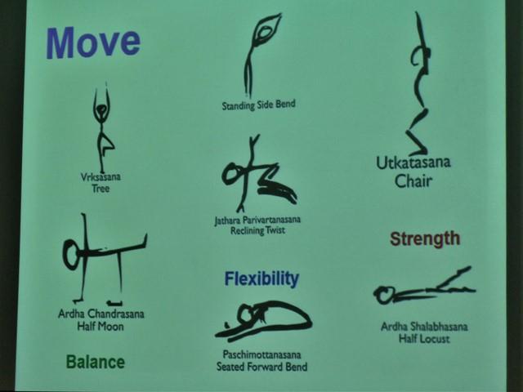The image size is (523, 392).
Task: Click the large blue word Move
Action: [x=93, y=42]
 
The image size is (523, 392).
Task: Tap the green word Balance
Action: [x=96, y=362]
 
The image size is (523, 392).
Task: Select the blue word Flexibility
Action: [x=261, y=279]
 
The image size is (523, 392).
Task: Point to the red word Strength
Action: [x=425, y=238]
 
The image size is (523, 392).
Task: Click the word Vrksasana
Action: [x=101, y=176]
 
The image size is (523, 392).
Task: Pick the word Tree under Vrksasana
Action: [x=101, y=189]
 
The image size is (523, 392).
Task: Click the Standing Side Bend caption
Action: [x=258, y=105]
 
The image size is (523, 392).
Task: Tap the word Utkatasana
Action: [x=413, y=163]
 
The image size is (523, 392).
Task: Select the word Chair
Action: [x=413, y=181]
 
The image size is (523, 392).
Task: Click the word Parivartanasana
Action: [x=271, y=220]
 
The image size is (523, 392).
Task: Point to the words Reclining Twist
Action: [x=257, y=230]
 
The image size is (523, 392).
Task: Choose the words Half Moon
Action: [x=101, y=327]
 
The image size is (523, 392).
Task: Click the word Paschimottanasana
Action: [x=261, y=354]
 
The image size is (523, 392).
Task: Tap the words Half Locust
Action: [x=424, y=339]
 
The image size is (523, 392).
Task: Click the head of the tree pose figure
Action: [x=101, y=109]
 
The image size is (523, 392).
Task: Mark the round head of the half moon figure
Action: [x=71, y=254]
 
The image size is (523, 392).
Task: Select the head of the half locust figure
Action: [x=382, y=295]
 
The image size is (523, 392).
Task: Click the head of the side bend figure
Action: [x=265, y=33]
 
